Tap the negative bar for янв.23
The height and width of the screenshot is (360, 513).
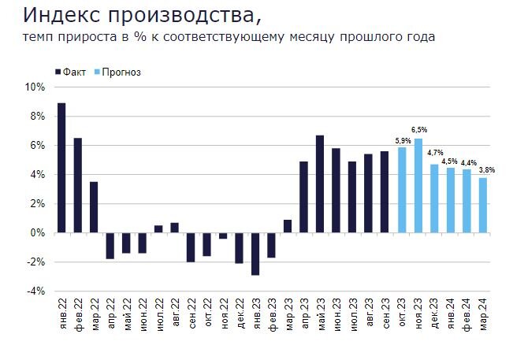click(255, 254)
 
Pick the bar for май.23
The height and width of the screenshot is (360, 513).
click(320, 184)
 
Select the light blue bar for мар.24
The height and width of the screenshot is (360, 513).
click(483, 205)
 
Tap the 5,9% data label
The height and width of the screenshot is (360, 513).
click(401, 140)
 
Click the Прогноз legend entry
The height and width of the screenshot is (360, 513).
click(119, 72)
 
